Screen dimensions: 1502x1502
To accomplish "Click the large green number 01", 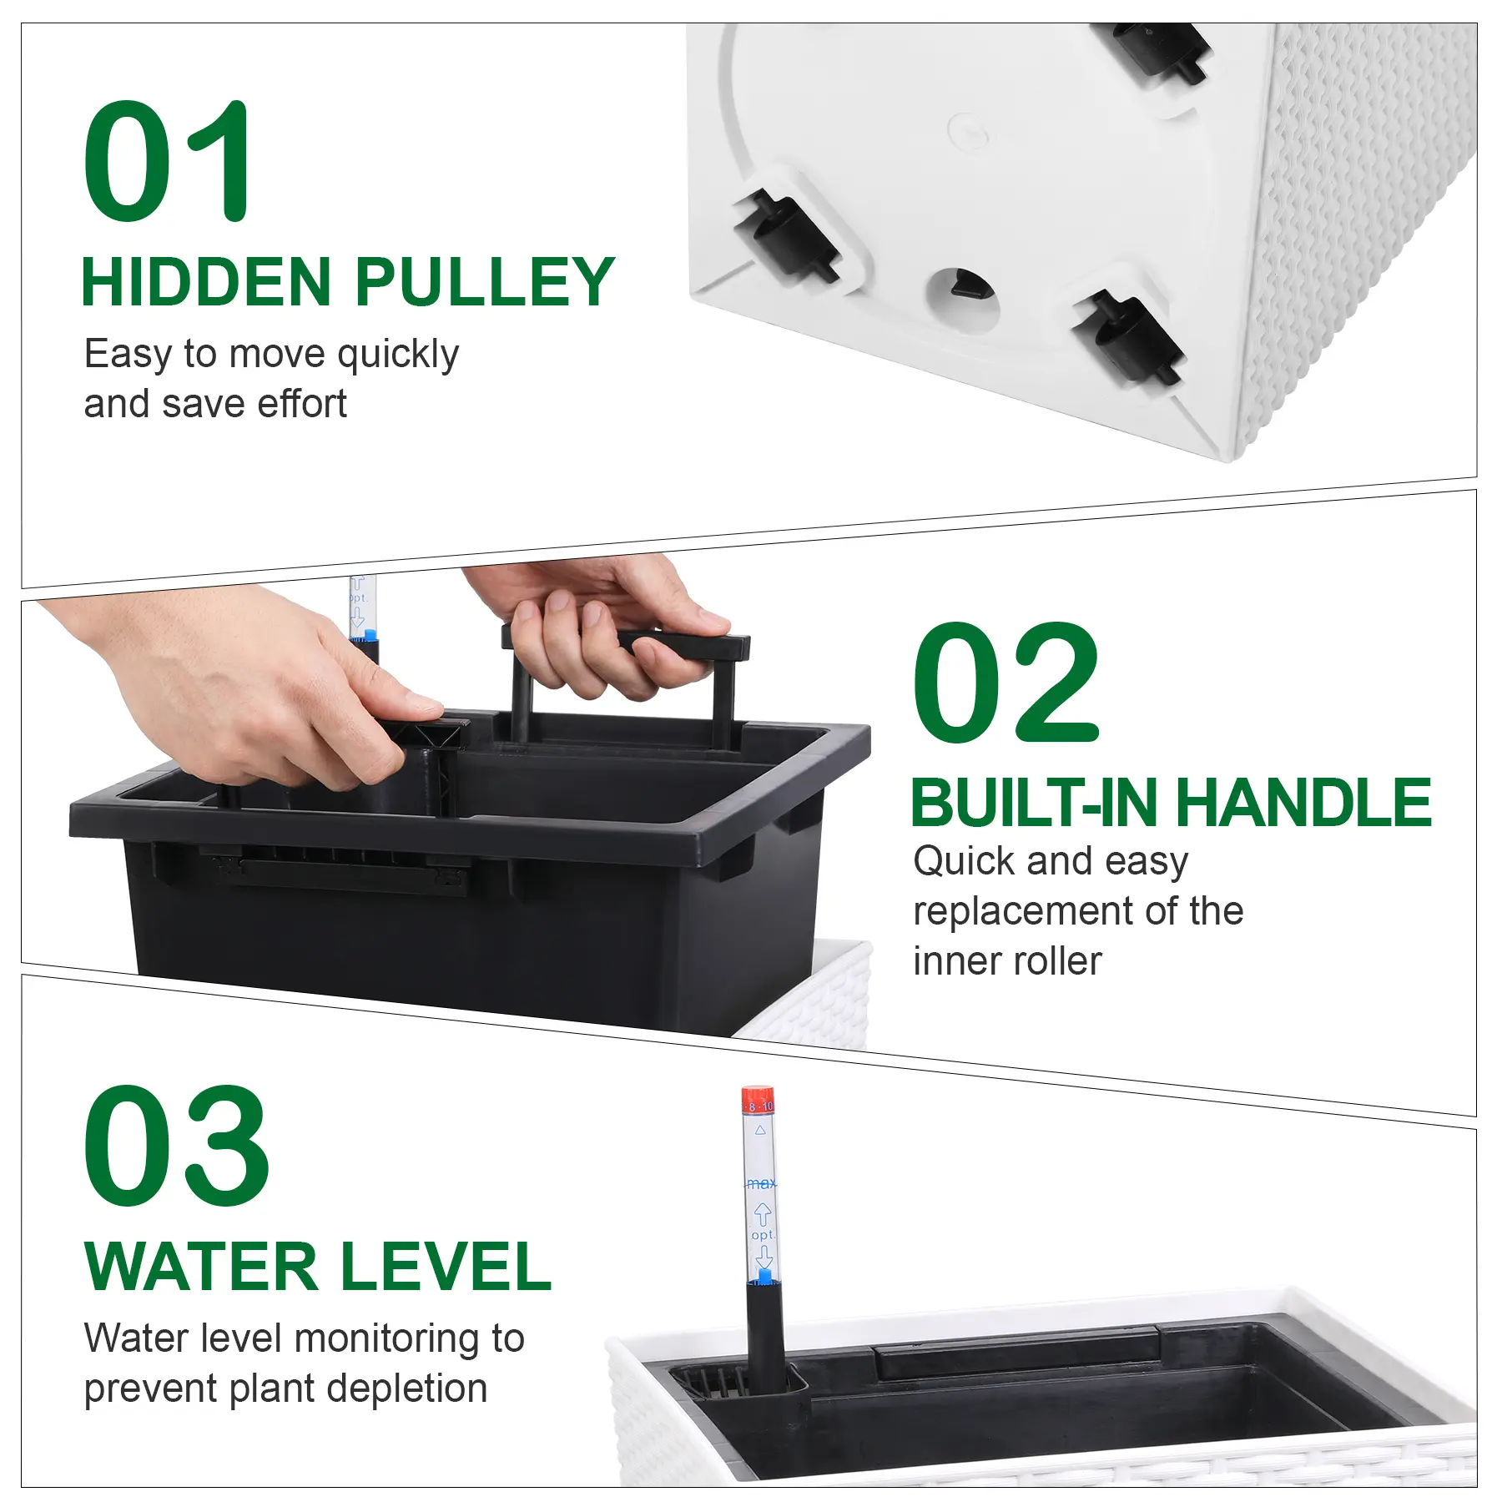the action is (x=167, y=160).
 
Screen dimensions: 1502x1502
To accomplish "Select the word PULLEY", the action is (x=485, y=282).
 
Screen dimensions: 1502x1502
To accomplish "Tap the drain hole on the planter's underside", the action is (x=964, y=295).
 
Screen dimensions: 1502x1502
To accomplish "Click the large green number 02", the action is (x=1006, y=682).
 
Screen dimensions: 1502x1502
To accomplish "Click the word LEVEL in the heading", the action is (x=446, y=1266).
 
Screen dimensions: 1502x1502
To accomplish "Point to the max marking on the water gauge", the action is (x=760, y=1183).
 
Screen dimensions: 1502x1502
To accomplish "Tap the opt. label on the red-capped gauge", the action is (x=763, y=1235).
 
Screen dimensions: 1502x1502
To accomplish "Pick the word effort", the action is (x=301, y=405).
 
